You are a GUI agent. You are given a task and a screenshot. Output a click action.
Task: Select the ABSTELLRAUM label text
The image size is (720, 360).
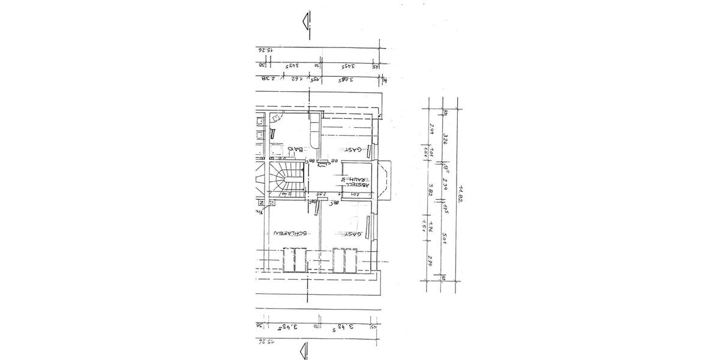tap(355, 179)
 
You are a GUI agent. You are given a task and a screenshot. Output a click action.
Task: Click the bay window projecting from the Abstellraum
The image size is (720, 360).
tap(385, 179)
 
